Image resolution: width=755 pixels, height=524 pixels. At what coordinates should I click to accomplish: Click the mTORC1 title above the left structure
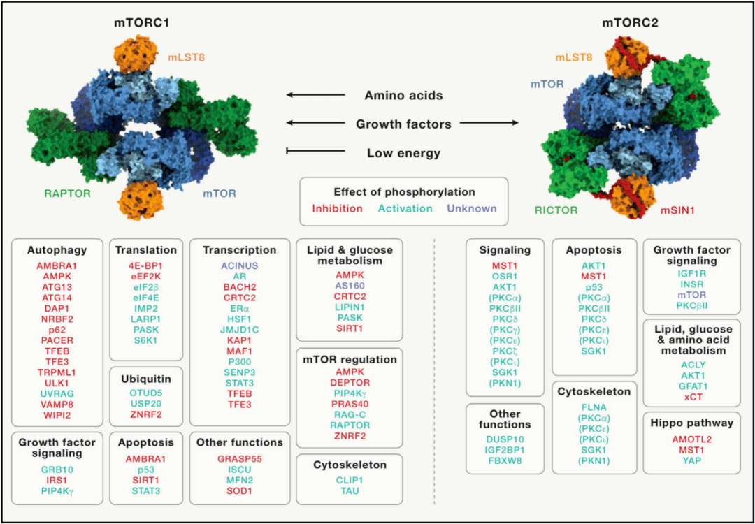(x=143, y=23)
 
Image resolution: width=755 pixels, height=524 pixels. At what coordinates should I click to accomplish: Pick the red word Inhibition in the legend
(x=338, y=208)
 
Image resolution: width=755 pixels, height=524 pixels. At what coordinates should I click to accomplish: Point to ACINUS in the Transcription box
(x=239, y=265)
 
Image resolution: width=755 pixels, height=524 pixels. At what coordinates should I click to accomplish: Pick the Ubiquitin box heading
(x=146, y=378)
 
